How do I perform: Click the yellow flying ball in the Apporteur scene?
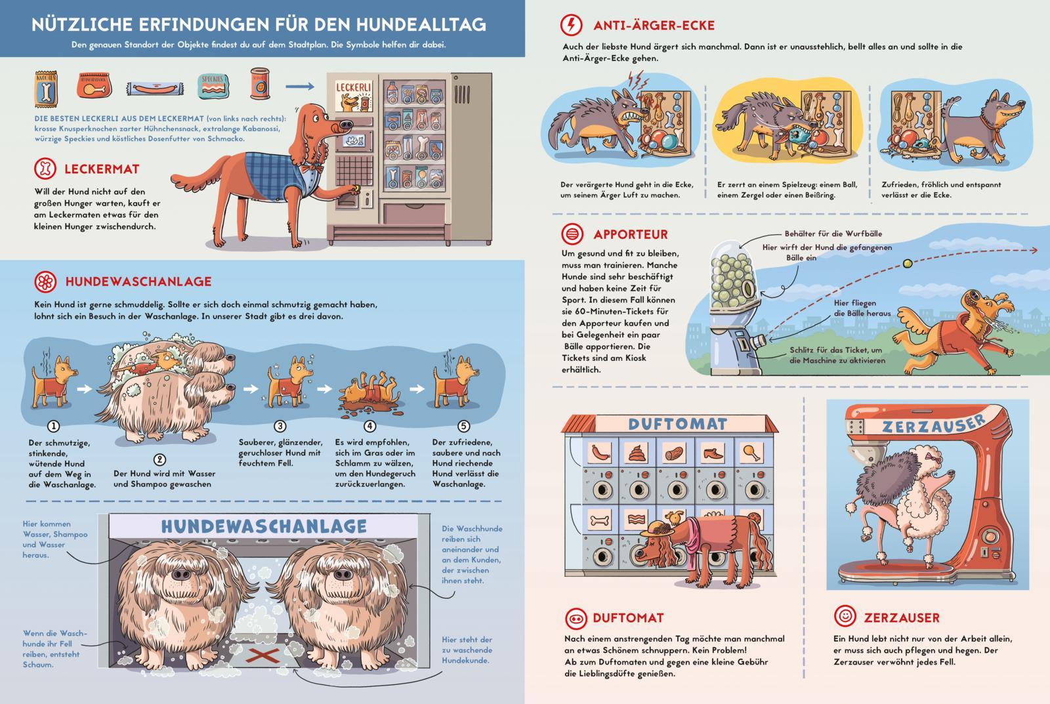pos(908,264)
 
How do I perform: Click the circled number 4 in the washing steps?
pos(370,426)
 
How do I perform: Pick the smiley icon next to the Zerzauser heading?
pos(845,617)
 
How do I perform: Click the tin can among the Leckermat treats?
pos(259,83)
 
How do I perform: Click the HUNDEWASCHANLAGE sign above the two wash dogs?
pos(264,526)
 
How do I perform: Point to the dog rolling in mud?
pos(369,391)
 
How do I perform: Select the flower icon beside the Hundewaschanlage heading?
pos(45,282)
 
